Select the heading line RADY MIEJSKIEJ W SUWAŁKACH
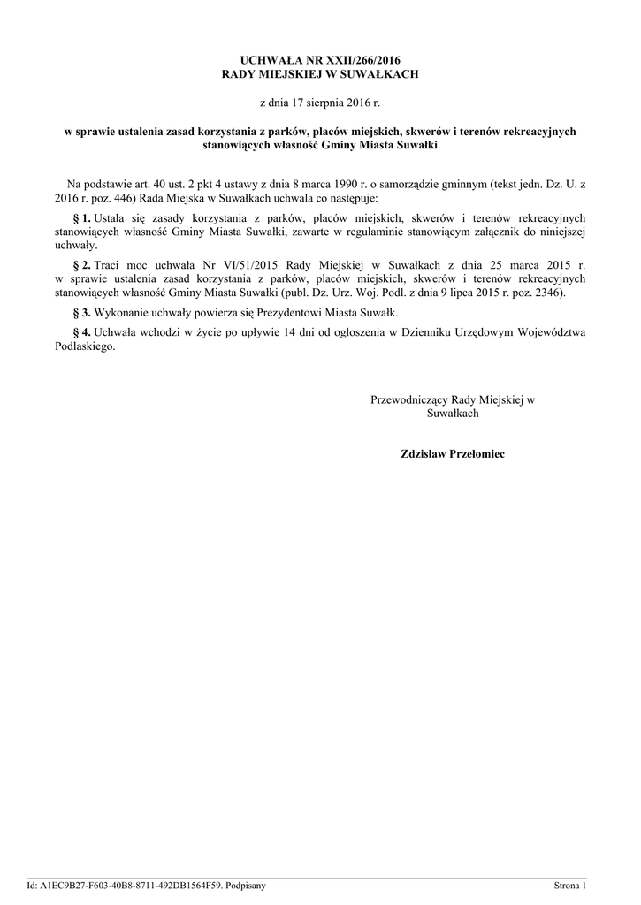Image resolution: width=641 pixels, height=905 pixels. click(x=319, y=75)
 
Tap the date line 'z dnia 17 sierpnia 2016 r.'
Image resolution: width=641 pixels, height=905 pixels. click(x=319, y=103)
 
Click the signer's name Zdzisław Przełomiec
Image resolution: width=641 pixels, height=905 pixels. click(x=452, y=453)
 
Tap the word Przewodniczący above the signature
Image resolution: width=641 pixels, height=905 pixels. click(x=409, y=400)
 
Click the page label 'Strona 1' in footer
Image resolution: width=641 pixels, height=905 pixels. click(x=569, y=885)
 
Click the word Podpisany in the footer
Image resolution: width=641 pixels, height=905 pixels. click(x=247, y=885)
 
